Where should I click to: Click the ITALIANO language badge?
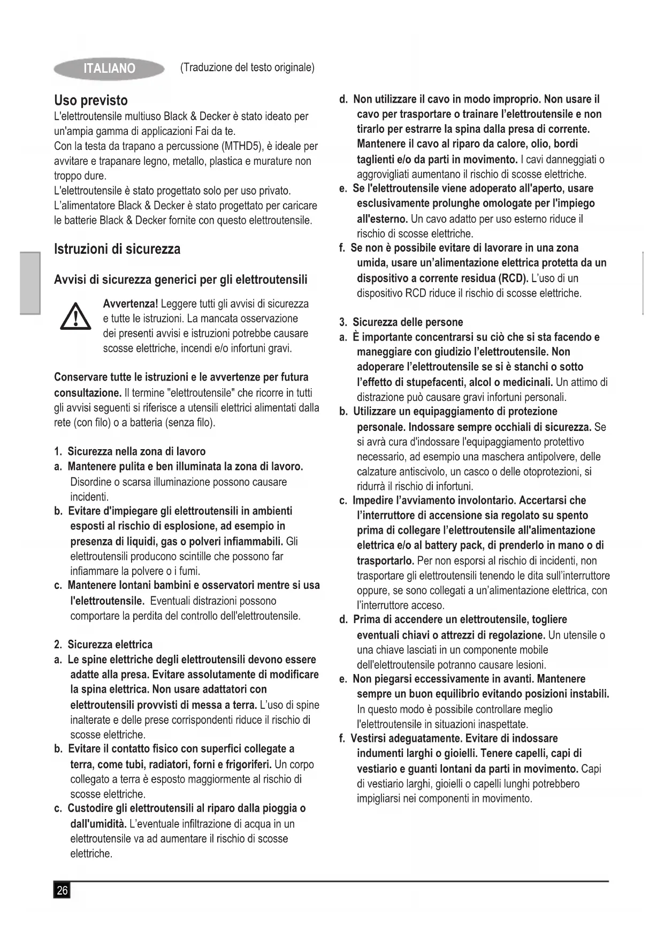coord(109,69)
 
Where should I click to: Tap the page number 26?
coord(62,890)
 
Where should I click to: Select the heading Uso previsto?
coord(91,101)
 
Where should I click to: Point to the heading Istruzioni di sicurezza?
coord(117,249)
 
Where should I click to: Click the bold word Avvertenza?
coord(130,304)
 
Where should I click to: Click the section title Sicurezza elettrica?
coord(110,645)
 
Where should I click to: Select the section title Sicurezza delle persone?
coord(407,322)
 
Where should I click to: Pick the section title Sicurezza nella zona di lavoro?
coord(136,451)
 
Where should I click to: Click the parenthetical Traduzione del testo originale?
coord(247,67)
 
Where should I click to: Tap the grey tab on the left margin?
coord(30,283)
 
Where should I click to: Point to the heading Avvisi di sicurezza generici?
coord(181,279)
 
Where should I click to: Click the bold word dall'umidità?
coord(98,823)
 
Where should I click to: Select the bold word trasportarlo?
coord(385,561)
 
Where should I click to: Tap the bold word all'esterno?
coord(382,219)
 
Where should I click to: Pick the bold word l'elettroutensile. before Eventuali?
coord(107,601)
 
